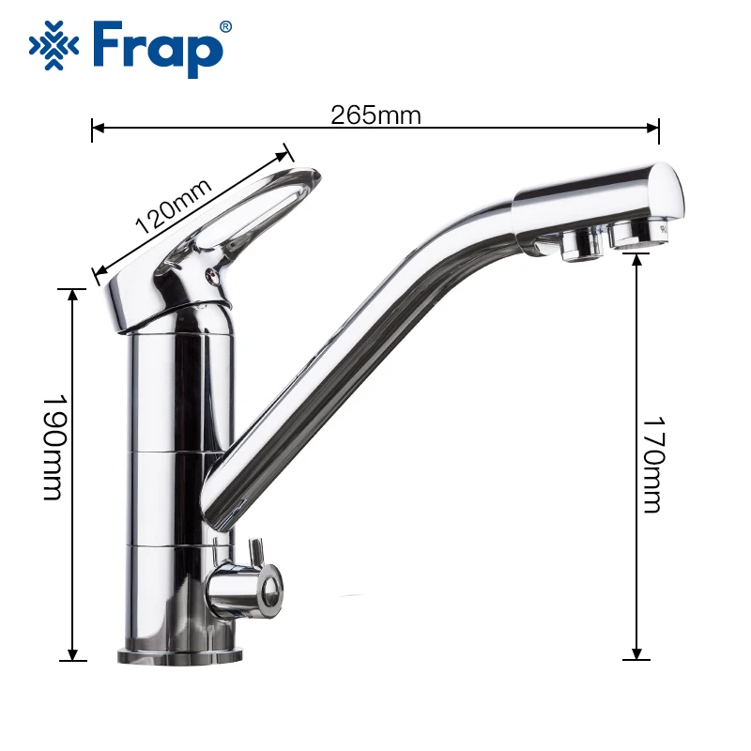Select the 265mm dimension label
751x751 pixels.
(375, 115)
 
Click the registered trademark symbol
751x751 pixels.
(224, 27)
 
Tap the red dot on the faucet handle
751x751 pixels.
(212, 276)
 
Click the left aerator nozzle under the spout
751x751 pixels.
(577, 247)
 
